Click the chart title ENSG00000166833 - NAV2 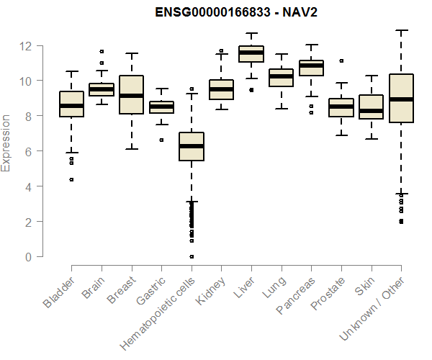coord(237,12)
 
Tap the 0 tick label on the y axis coord(28,257)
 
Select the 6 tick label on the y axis coord(28,151)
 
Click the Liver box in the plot coord(251,54)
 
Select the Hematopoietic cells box coord(191,146)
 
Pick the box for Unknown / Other coord(400,99)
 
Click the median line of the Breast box coord(131,96)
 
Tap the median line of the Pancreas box coord(311,66)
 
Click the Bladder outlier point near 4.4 coord(71,179)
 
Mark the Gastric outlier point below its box coord(161,140)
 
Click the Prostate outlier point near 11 coord(341,61)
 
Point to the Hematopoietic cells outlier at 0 coord(191,256)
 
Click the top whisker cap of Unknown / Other coord(400,31)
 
